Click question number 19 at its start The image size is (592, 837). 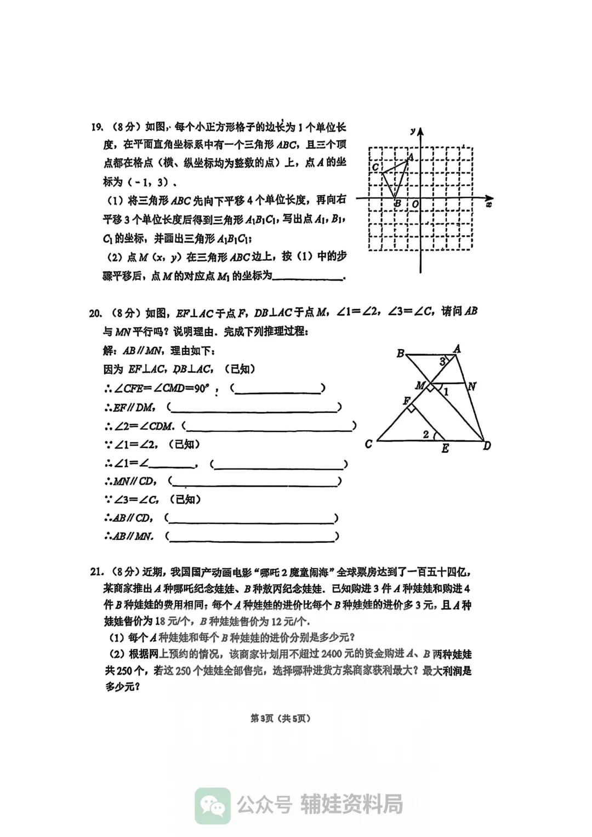point(96,128)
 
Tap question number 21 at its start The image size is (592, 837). point(96,572)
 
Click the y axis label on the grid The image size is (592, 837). point(412,131)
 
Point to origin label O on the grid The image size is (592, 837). point(415,204)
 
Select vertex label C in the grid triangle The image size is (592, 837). point(375,167)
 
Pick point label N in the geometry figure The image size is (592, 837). point(471,386)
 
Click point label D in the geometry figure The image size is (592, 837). point(487,446)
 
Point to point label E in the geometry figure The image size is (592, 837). point(445,449)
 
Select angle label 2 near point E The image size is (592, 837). point(425,434)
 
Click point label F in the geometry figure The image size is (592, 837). point(407,401)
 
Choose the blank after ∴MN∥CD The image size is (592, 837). point(255,482)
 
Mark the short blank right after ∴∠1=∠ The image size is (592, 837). point(172,465)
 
